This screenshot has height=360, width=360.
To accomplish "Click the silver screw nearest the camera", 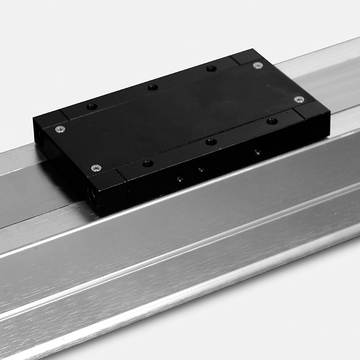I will click(x=95, y=168).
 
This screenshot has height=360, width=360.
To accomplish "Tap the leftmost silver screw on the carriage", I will click(x=60, y=129).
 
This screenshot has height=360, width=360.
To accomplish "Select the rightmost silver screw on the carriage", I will click(x=299, y=99).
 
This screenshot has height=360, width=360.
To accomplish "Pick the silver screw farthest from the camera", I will click(x=257, y=66).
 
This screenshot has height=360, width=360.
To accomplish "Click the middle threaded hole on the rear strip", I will click(x=153, y=87).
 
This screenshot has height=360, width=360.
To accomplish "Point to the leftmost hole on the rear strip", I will click(x=92, y=107).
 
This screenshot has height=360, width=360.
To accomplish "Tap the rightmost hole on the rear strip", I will click(x=211, y=68).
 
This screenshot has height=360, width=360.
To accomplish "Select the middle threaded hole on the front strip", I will click(x=211, y=142).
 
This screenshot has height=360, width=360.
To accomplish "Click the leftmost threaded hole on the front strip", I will click(x=147, y=163).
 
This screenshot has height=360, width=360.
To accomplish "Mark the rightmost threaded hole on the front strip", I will click(x=272, y=121).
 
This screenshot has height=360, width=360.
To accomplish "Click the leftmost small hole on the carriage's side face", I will click(x=180, y=179).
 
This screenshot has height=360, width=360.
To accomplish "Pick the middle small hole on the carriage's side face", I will click(x=201, y=170).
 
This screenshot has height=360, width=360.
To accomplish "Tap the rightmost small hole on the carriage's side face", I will click(x=257, y=152).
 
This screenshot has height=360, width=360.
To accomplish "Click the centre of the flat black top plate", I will click(x=180, y=115).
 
